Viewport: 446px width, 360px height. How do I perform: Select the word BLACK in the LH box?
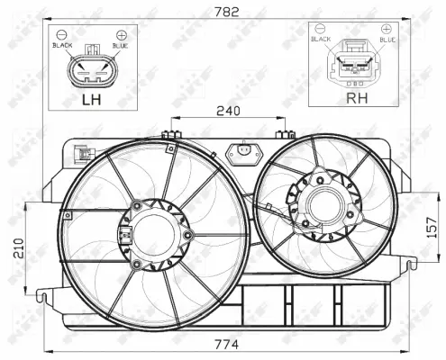(x=63, y=44)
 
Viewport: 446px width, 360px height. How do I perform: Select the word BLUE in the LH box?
(x=119, y=44)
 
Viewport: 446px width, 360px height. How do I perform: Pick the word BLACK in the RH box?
(x=322, y=40)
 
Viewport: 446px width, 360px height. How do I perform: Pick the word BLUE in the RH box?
(x=387, y=40)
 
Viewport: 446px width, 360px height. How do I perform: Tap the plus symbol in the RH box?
(x=386, y=30)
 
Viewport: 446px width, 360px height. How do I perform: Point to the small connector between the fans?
(x=241, y=154)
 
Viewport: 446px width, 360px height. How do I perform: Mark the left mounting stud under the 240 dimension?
(x=168, y=137)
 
